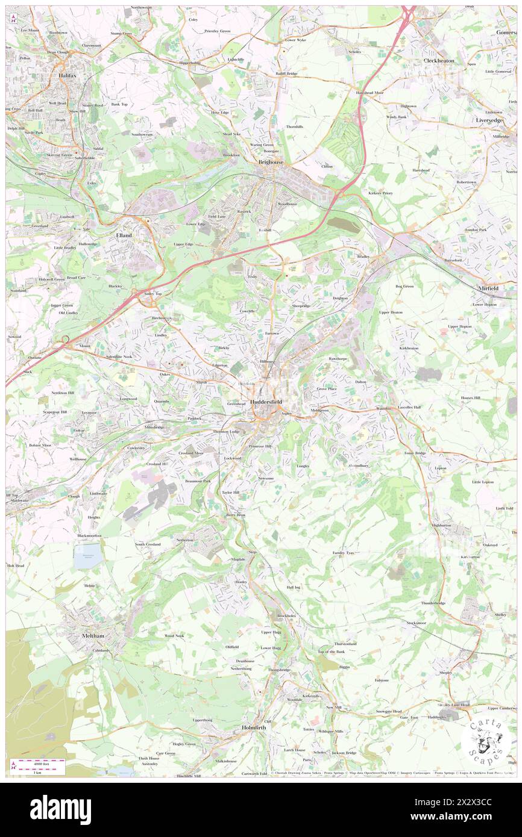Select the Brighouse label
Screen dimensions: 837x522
[x=271, y=162]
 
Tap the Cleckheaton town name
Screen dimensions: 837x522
[x=439, y=61]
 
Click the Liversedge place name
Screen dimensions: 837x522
[x=489, y=120]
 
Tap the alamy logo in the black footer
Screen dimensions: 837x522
[x=60, y=809]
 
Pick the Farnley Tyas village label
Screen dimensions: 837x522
[x=342, y=552]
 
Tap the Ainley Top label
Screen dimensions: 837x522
[x=154, y=293]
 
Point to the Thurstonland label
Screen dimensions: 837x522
[x=345, y=644]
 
